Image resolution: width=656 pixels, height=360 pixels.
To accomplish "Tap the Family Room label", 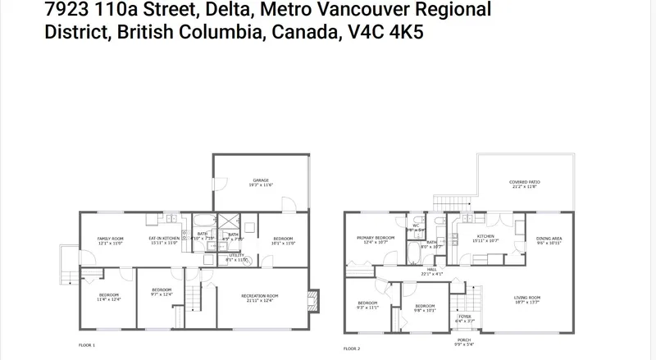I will [110, 239].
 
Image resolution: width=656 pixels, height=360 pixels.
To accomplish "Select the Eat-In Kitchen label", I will [164, 239].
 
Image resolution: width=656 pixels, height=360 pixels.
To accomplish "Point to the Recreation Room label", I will [259, 297].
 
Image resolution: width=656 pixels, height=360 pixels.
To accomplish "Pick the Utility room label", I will [237, 257].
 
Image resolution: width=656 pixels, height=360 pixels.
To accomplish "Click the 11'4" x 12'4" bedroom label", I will [109, 297].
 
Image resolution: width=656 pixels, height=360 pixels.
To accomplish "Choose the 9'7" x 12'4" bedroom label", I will [162, 291].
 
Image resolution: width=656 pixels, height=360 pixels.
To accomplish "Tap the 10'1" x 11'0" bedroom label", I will [283, 239].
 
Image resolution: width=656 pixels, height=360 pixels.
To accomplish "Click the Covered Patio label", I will [524, 184].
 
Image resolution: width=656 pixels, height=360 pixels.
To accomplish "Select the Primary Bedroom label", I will [376, 239].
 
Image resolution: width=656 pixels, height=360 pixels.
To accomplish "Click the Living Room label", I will [527, 298].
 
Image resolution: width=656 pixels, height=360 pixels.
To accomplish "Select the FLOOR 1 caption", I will [87, 346].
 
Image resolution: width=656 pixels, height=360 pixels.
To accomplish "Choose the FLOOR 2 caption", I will [351, 349].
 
